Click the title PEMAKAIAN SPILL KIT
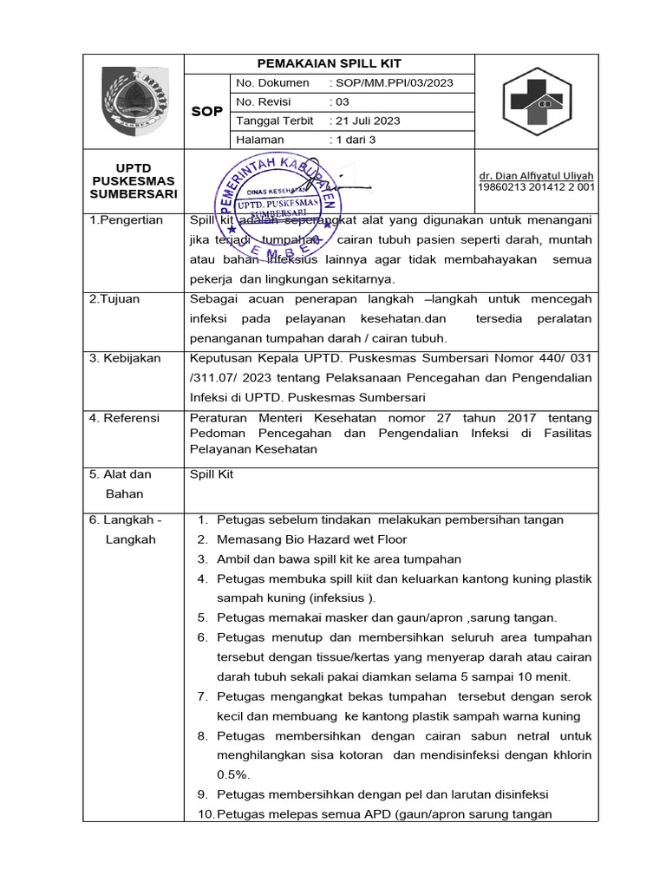[x=329, y=63]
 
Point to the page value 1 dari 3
[x=355, y=140]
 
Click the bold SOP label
[x=206, y=112]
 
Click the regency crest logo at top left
[x=134, y=101]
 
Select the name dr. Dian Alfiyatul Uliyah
[x=536, y=176]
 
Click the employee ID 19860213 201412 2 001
[x=536, y=187]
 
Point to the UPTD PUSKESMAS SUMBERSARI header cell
[x=134, y=180]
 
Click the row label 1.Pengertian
[x=127, y=220]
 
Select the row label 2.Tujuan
[x=114, y=299]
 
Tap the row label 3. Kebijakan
[x=125, y=358]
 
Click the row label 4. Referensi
[x=125, y=418]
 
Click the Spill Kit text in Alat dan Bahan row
[x=212, y=474]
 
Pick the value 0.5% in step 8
[x=233, y=774]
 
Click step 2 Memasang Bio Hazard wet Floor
[x=311, y=539]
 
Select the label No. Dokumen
[x=272, y=83]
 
